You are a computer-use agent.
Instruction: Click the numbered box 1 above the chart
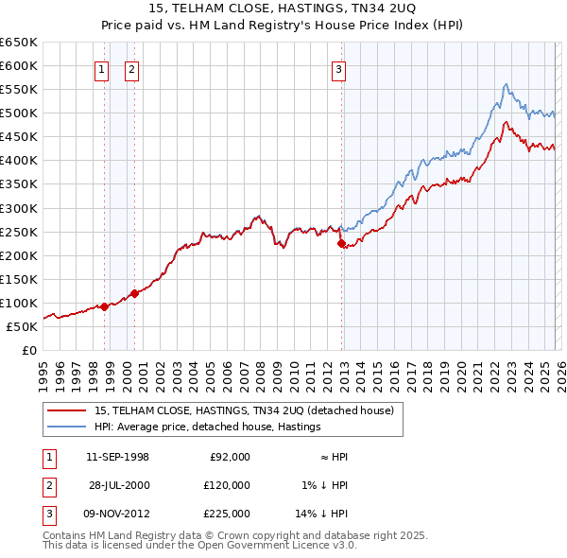point(100,68)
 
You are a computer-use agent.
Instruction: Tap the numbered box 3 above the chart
point(338,68)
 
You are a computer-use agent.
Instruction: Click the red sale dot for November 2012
point(341,243)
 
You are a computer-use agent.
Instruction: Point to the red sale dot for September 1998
point(103,306)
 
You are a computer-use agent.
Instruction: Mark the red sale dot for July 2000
point(134,293)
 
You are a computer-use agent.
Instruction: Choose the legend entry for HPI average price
point(207,427)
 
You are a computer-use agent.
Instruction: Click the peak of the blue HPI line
point(507,83)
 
